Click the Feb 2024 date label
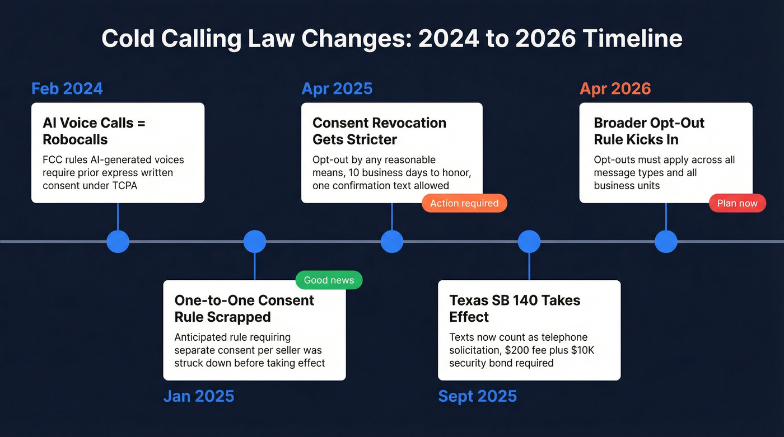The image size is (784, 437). (67, 89)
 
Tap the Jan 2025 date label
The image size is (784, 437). (198, 396)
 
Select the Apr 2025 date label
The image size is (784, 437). (337, 89)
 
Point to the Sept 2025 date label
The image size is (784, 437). (477, 396)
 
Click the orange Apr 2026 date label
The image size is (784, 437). (615, 89)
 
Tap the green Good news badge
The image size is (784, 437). (329, 280)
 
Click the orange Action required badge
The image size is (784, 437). (464, 203)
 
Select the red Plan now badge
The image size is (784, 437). (737, 203)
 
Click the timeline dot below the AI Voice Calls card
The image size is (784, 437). (118, 242)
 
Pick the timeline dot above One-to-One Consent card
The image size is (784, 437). (255, 242)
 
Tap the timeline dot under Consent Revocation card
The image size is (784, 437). (392, 242)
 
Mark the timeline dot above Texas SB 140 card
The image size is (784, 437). (529, 242)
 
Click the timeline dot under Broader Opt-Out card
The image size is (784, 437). (666, 242)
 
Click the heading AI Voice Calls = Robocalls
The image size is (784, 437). (94, 131)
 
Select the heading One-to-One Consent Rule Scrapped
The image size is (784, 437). (244, 308)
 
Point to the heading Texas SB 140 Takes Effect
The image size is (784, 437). (515, 308)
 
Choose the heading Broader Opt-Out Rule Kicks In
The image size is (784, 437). (649, 131)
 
